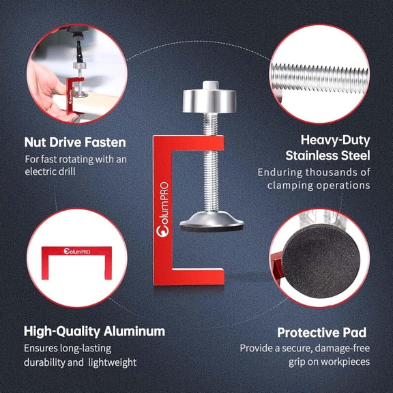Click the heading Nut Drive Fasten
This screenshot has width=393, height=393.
pyautogui.click(x=75, y=142)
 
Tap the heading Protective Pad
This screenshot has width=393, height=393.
pyautogui.click(x=322, y=332)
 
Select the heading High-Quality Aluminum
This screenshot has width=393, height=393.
pyautogui.click(x=94, y=332)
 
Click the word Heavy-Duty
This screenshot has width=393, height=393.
pyautogui.click(x=336, y=141)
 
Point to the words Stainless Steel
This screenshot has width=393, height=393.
pyautogui.click(x=327, y=156)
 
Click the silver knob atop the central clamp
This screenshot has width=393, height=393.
pyautogui.click(x=209, y=98)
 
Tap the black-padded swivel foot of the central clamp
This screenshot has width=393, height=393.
pyautogui.click(x=212, y=222)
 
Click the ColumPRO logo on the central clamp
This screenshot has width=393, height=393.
pyautogui.click(x=162, y=209)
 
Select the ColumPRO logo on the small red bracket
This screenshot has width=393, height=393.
pyautogui.click(x=77, y=251)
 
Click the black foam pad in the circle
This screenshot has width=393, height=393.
pyautogui.click(x=321, y=261)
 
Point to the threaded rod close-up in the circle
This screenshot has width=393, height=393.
pyautogui.click(x=320, y=78)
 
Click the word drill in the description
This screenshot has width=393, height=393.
pyautogui.click(x=66, y=172)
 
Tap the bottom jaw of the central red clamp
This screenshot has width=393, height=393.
pyautogui.click(x=188, y=276)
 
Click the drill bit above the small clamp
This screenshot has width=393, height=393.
pyautogui.click(x=79, y=50)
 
